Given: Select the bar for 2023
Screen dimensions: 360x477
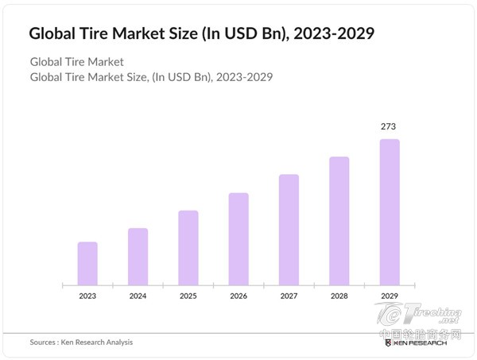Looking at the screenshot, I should click(x=87, y=263).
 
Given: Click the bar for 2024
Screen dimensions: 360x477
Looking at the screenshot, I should click(x=138, y=256).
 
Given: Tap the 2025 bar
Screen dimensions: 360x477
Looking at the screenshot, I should click(x=188, y=247).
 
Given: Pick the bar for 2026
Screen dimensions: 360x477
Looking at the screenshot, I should click(x=238, y=238).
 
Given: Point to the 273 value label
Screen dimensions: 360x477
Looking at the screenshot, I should click(x=389, y=126).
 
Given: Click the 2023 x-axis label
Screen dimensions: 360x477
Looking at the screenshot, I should click(x=87, y=296).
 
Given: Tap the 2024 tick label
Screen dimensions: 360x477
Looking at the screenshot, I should click(x=138, y=296).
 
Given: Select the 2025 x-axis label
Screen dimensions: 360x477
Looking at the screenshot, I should click(x=188, y=296).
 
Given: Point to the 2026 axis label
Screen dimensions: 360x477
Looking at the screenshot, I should click(x=238, y=296).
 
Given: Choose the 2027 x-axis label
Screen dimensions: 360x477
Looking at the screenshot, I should click(x=289, y=296).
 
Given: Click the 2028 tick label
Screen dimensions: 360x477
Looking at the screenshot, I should click(x=339, y=296).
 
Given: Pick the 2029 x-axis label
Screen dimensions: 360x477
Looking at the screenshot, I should click(x=390, y=296).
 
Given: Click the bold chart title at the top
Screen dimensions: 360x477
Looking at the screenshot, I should click(x=202, y=34).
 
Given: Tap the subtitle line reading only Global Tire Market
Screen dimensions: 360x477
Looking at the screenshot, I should click(x=76, y=62).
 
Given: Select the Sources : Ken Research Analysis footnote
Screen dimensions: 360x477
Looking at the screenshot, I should click(x=81, y=343).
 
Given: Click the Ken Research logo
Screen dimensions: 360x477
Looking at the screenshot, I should click(x=416, y=343).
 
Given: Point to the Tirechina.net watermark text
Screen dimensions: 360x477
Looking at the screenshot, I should click(x=436, y=315).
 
